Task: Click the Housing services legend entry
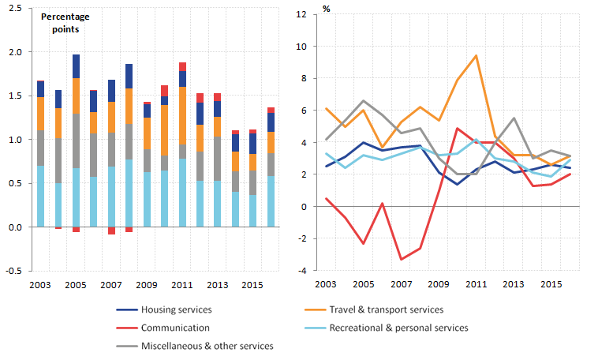[175, 310]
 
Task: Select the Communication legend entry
[174, 328]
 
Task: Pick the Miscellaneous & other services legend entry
[207, 346]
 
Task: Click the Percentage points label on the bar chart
[65, 22]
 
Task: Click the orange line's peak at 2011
[476, 56]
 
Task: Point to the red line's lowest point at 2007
[402, 259]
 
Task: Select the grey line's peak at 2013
[514, 118]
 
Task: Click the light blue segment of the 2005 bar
[76, 197]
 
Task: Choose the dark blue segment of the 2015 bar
[253, 144]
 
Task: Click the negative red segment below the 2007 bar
[111, 231]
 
